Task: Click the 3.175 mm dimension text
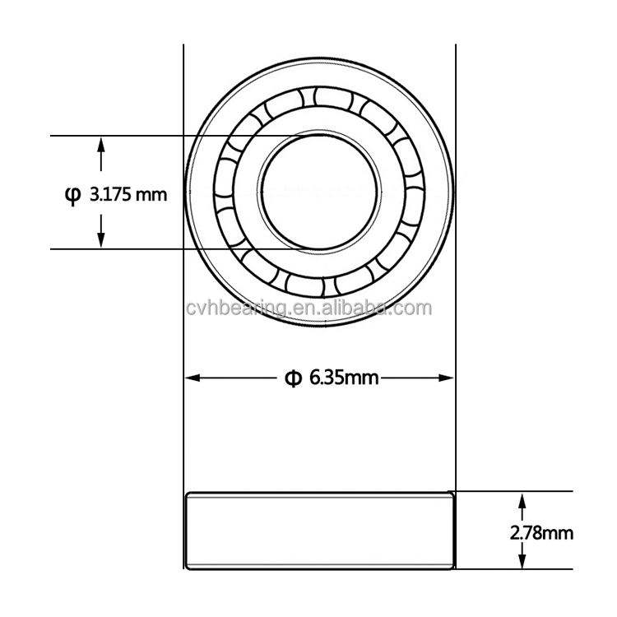pyautogui.click(x=128, y=194)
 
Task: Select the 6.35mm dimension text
pyautogui.click(x=344, y=378)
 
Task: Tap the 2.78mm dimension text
pyautogui.click(x=541, y=533)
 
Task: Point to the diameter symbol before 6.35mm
pyautogui.click(x=293, y=378)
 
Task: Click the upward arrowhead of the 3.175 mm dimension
pyautogui.click(x=101, y=145)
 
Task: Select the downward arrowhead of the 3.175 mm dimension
pyautogui.click(x=101, y=239)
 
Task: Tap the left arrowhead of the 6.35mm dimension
pyautogui.click(x=193, y=378)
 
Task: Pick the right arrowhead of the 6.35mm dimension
pyautogui.click(x=446, y=378)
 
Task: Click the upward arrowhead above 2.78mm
pyautogui.click(x=522, y=500)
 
